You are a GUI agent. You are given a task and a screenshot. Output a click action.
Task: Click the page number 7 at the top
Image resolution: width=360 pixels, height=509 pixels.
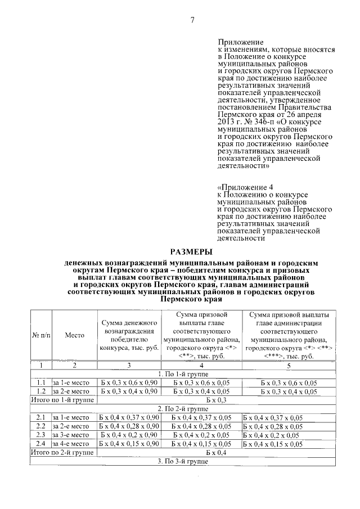[x=191, y=21]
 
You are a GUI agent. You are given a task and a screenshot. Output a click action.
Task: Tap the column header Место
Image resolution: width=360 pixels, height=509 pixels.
[x=74, y=335]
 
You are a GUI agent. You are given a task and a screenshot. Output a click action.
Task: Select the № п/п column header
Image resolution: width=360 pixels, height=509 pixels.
[x=40, y=335]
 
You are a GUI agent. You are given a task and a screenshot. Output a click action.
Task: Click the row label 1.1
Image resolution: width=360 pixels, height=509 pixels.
[x=40, y=382]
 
